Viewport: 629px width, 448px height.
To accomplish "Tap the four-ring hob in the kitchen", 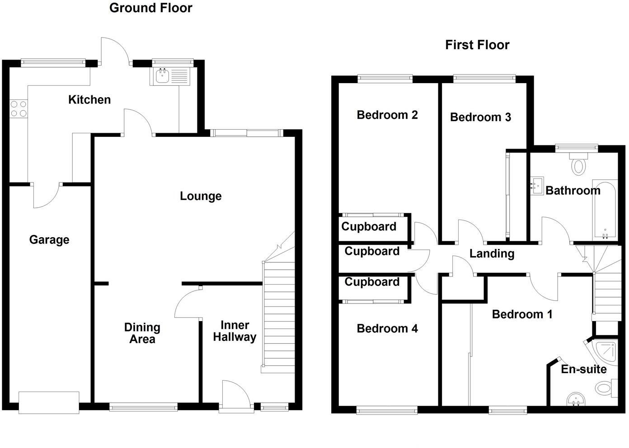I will pyautogui.click(x=19, y=108).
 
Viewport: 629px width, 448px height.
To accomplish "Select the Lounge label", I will pyautogui.click(x=201, y=196).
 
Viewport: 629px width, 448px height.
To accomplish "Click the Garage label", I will pyautogui.click(x=49, y=240).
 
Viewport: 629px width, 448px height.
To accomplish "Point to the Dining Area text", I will pyautogui.click(x=142, y=333).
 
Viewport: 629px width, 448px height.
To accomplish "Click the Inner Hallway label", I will pyautogui.click(x=235, y=331).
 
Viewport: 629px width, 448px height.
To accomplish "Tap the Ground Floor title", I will pyautogui.click(x=150, y=8).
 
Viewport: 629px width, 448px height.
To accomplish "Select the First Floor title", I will pyautogui.click(x=477, y=45).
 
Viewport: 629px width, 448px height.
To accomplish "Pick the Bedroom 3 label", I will pyautogui.click(x=480, y=117).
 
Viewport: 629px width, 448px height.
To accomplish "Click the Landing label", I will pyautogui.click(x=492, y=254).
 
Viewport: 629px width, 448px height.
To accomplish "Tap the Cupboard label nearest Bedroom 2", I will pyautogui.click(x=369, y=227).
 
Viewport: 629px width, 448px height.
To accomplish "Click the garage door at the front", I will pyautogui.click(x=49, y=402).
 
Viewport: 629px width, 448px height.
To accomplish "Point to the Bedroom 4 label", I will pyautogui.click(x=387, y=329).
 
